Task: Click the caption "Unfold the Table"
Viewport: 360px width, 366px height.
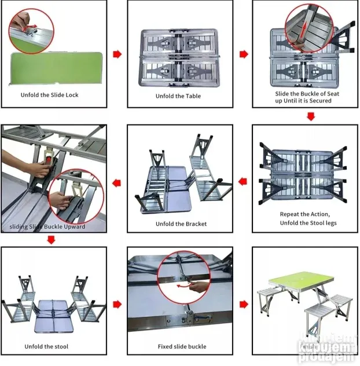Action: [x=178, y=96]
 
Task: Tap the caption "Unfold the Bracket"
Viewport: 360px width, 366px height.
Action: [x=181, y=224]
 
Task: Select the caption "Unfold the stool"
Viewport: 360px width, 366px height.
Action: [x=46, y=346]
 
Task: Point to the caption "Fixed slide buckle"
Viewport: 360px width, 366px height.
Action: [x=182, y=346]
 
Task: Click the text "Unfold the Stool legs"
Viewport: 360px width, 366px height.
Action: [x=307, y=222]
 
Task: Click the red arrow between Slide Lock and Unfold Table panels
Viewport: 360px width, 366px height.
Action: [x=117, y=54]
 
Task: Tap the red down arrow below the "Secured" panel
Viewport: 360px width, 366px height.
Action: [x=311, y=116]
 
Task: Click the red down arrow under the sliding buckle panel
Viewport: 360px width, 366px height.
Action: [x=52, y=238]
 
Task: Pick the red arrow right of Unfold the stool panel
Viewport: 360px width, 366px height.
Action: [x=117, y=304]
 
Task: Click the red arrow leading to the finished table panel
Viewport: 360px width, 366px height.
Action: [x=244, y=303]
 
